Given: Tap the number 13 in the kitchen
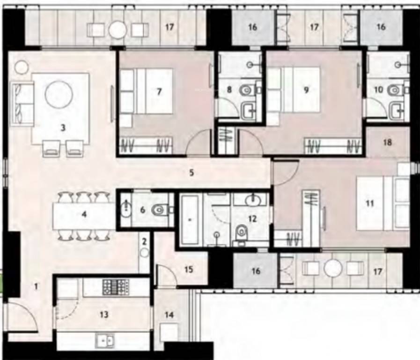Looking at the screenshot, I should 104,314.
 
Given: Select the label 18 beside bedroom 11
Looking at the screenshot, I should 387,142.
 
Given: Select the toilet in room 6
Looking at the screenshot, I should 159,210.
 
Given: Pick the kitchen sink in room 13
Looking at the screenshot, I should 104,341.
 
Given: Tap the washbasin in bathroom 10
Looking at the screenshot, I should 398,111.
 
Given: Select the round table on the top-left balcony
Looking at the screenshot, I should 118,30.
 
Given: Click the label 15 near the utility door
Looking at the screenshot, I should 189,270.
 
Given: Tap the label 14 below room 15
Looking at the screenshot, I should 169,315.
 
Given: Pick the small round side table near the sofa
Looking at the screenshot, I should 21,67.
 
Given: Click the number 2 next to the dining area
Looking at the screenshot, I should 145,241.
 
